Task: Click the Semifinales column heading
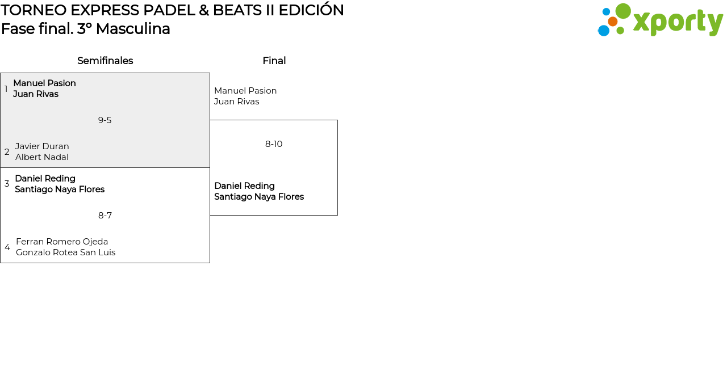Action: tap(105, 61)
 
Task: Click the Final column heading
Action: tap(274, 61)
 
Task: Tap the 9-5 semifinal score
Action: tap(105, 120)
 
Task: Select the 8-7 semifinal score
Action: tap(105, 216)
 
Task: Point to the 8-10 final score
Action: tap(274, 144)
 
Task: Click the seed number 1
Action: tap(6, 89)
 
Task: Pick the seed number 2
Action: tap(7, 152)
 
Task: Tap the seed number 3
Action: tap(7, 184)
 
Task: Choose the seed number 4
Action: tap(7, 247)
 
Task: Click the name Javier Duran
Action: tap(42, 146)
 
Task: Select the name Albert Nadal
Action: tap(42, 157)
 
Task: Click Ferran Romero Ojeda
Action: tap(62, 242)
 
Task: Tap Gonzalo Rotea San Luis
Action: tap(65, 252)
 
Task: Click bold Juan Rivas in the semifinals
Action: tap(36, 94)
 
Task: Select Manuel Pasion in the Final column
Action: tap(245, 91)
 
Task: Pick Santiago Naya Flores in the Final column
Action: tap(259, 197)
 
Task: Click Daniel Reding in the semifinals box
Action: tap(45, 179)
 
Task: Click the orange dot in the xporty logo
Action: tap(612, 22)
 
